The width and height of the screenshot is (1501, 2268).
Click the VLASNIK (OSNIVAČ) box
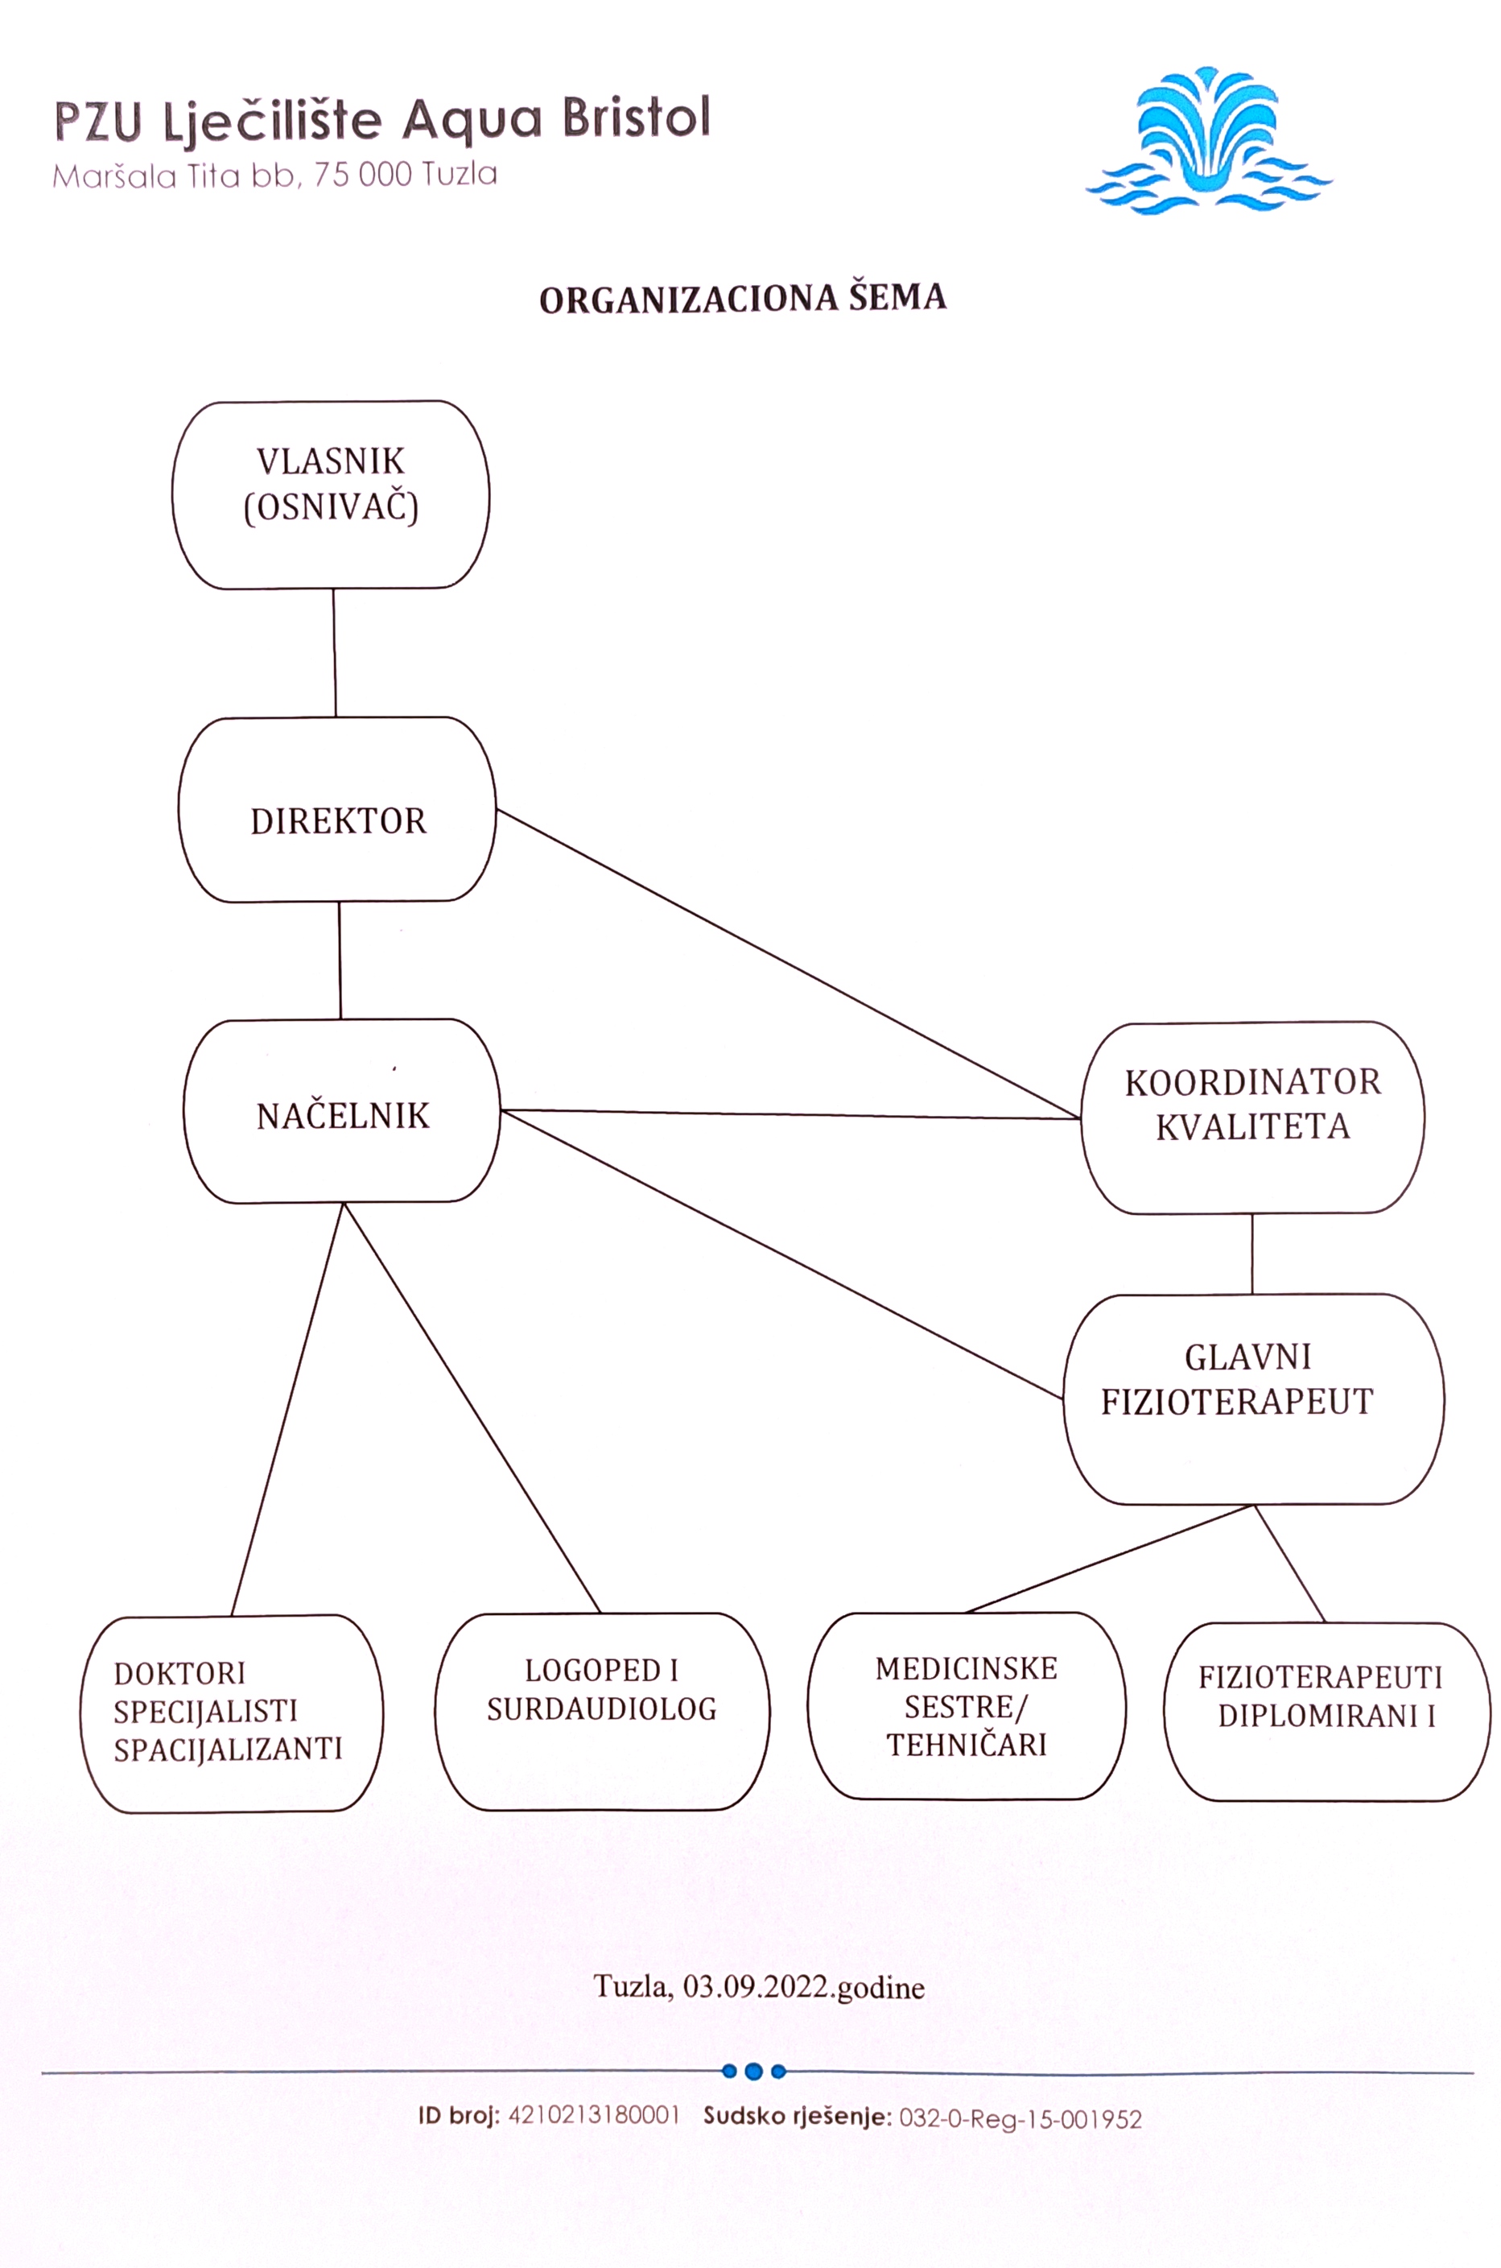click(332, 494)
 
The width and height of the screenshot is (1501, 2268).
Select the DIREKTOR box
click(337, 810)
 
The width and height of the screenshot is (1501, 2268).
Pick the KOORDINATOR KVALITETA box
click(1252, 1117)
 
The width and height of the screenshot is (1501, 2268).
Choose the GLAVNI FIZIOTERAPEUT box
click(1252, 1398)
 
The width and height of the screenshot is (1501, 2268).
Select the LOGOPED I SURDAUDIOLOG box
click(602, 1711)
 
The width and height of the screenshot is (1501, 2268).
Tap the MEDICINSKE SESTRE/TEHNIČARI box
click(966, 1705)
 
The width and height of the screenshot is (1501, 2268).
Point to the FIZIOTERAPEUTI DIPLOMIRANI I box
click(1327, 1711)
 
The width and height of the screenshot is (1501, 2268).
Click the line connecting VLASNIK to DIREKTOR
click(334, 652)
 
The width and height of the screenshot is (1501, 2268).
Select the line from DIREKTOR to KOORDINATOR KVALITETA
click(788, 964)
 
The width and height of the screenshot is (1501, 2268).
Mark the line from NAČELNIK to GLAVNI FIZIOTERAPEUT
click(781, 1254)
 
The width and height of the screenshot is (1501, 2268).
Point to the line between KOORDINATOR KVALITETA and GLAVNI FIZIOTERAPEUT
click(1252, 1254)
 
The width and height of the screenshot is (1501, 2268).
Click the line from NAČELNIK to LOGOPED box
click(472, 1407)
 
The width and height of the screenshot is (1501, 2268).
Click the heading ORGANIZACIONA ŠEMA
click(743, 299)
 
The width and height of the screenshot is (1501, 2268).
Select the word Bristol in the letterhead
click(636, 118)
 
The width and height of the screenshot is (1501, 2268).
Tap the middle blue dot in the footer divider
click(753, 2071)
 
